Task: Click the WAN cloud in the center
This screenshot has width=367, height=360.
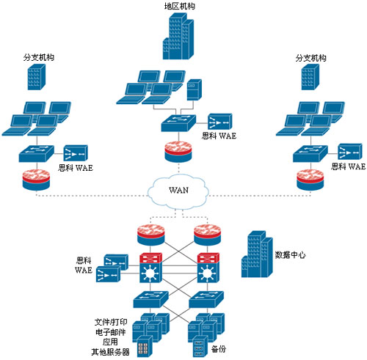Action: point(178,191)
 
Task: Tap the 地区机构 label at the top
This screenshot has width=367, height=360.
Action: point(180,6)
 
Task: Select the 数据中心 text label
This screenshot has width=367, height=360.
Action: point(290,255)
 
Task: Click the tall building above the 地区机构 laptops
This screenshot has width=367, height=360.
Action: point(178,36)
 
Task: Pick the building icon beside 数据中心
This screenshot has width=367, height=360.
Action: point(257,254)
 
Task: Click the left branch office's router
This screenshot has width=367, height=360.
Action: point(36,180)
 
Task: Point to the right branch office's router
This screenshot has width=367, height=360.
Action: point(310,180)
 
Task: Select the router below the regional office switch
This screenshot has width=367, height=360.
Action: point(178,152)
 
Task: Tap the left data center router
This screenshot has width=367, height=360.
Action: point(150,235)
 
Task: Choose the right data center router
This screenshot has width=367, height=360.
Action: point(207,235)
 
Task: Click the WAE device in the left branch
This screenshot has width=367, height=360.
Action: point(76,153)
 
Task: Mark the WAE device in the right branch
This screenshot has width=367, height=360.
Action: point(350,152)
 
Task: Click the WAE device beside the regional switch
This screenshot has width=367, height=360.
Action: point(220,122)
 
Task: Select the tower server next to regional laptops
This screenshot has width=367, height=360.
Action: point(195,89)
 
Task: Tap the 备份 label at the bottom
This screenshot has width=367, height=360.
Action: point(219,349)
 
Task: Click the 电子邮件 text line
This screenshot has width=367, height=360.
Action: point(111,332)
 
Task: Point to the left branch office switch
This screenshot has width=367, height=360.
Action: point(36,153)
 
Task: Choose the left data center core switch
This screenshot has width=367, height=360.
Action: point(150,268)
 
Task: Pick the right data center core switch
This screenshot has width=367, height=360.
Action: point(208,268)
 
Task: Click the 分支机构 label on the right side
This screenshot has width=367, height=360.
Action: point(310,58)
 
